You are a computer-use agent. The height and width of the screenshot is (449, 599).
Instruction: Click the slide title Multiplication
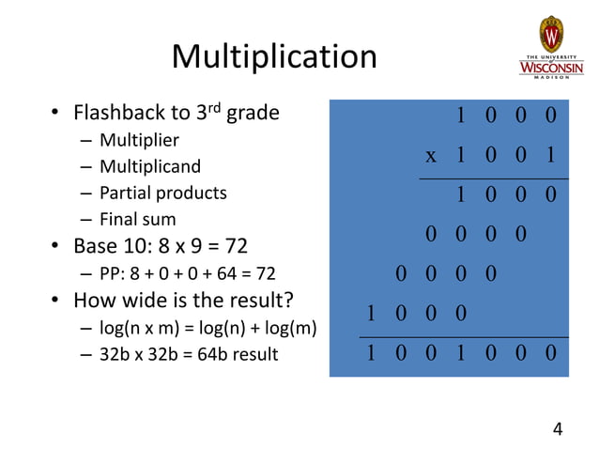tap(273, 57)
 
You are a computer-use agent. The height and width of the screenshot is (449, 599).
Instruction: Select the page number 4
tap(558, 429)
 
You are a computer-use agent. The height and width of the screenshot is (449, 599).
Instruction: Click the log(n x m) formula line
tap(206, 329)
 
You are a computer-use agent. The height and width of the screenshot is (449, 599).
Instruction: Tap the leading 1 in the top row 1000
tap(460, 116)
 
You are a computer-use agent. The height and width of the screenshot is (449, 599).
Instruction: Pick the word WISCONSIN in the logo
tap(550, 69)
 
